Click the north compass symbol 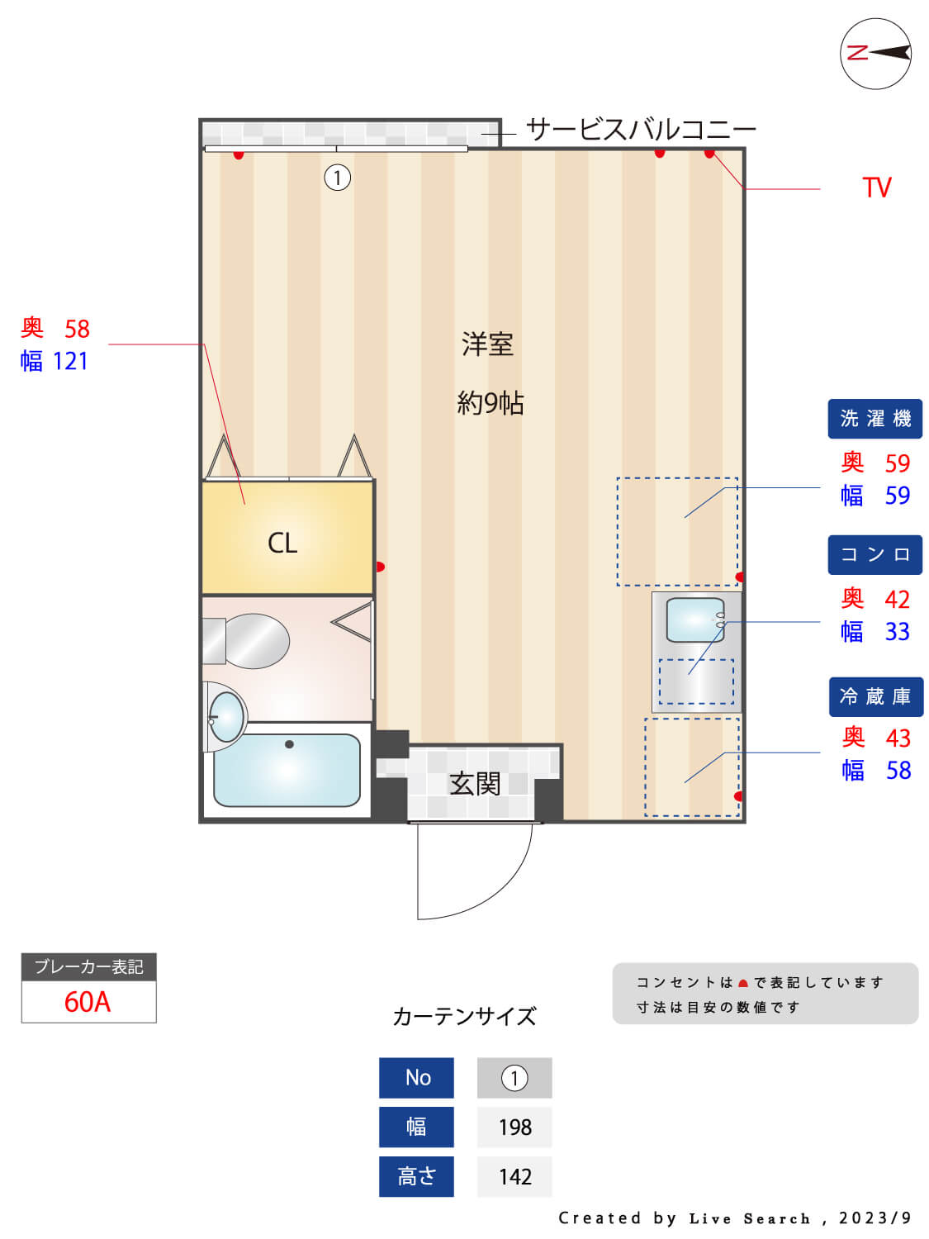pos(874,54)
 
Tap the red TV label pos(876,188)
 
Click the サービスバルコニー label pos(640,130)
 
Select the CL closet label pos(282,543)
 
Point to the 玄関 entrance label pos(474,784)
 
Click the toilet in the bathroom pos(246,641)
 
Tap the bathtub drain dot pos(289,744)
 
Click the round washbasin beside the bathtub pos(225,717)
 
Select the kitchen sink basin pos(695,619)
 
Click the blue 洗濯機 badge pos(874,419)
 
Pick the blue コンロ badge pos(874,555)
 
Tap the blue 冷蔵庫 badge pos(875,696)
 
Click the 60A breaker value pos(88,1002)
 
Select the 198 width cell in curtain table pos(514,1127)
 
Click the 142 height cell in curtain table pos(514,1176)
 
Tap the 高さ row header pos(416,1176)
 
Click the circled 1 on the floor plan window pos(337,178)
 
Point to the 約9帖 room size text pos(490,403)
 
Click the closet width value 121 pos(70,361)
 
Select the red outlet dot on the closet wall pos(380,567)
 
